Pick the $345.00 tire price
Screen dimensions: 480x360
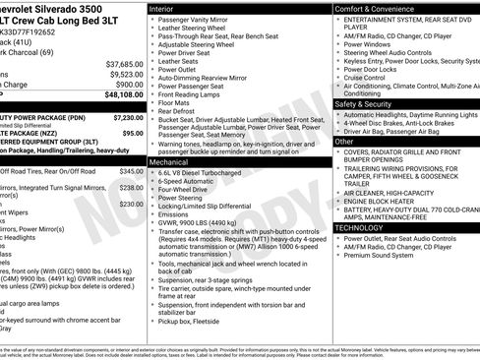[131, 172]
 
